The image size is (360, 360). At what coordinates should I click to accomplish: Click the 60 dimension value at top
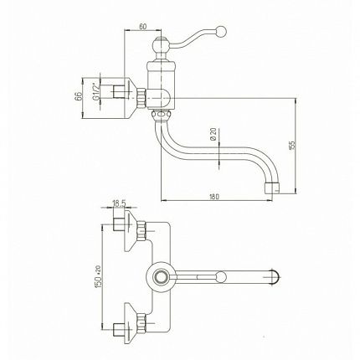tap(142, 27)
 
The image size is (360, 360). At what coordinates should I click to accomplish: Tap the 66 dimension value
tap(79, 95)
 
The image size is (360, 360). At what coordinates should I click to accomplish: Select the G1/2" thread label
tap(95, 93)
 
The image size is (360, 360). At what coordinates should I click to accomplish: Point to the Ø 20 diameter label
tap(213, 134)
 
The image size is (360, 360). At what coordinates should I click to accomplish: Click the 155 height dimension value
tap(292, 145)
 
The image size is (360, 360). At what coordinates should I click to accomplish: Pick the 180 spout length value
tap(214, 197)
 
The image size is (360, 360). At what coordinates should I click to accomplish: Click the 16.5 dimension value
tap(119, 203)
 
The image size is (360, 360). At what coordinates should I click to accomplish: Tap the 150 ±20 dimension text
tap(98, 276)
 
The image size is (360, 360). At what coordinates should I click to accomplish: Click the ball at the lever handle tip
tap(221, 32)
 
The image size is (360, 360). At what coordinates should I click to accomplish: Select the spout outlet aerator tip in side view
tap(272, 188)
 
